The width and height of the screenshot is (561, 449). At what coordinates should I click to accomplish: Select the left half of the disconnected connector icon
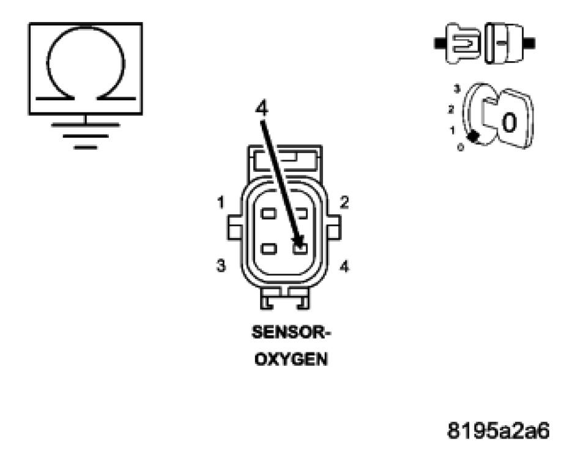458,43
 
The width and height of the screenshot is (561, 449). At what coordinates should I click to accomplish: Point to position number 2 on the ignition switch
451,109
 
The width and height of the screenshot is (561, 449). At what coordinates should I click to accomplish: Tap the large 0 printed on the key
509,122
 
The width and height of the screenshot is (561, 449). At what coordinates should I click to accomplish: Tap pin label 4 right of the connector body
345,267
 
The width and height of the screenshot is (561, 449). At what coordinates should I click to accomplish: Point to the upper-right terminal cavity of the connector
300,213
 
